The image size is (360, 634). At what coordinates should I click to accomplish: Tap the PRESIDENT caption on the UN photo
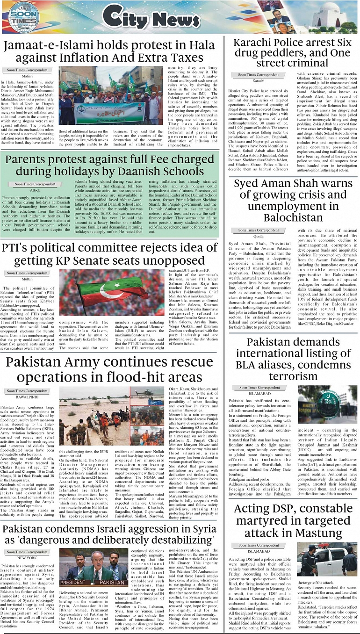coord(72,583)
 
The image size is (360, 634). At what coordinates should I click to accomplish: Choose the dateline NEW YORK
coord(28,558)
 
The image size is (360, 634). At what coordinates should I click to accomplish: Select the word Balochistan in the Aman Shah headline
coord(293,217)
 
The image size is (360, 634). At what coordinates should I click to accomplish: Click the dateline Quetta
coord(259,237)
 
